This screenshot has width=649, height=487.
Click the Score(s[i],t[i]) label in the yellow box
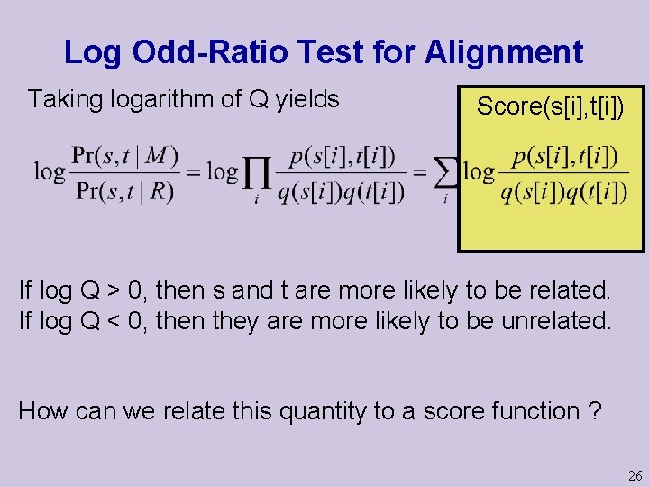pyautogui.click(x=550, y=106)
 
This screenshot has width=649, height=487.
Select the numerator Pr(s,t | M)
pyautogui.click(x=123, y=155)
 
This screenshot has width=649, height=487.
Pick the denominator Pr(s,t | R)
pyautogui.click(x=123, y=191)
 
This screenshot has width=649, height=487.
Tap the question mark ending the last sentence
pyautogui.click(x=593, y=411)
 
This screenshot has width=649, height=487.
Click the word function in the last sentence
pyautogui.click(x=534, y=411)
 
